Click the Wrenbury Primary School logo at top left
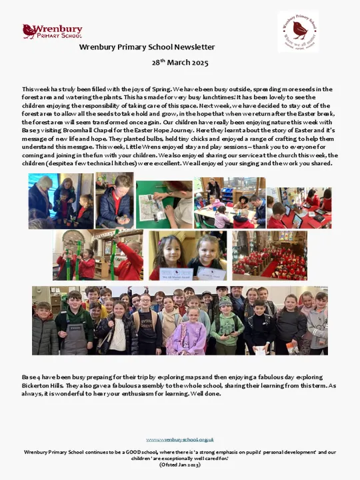tap(52, 31)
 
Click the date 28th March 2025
tap(180, 63)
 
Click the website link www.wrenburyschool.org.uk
tap(180, 439)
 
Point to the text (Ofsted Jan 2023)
tap(180, 464)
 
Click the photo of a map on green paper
tap(164, 203)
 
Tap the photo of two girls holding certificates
tap(187, 255)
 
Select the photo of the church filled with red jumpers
tap(269, 255)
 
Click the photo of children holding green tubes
tap(98, 255)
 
